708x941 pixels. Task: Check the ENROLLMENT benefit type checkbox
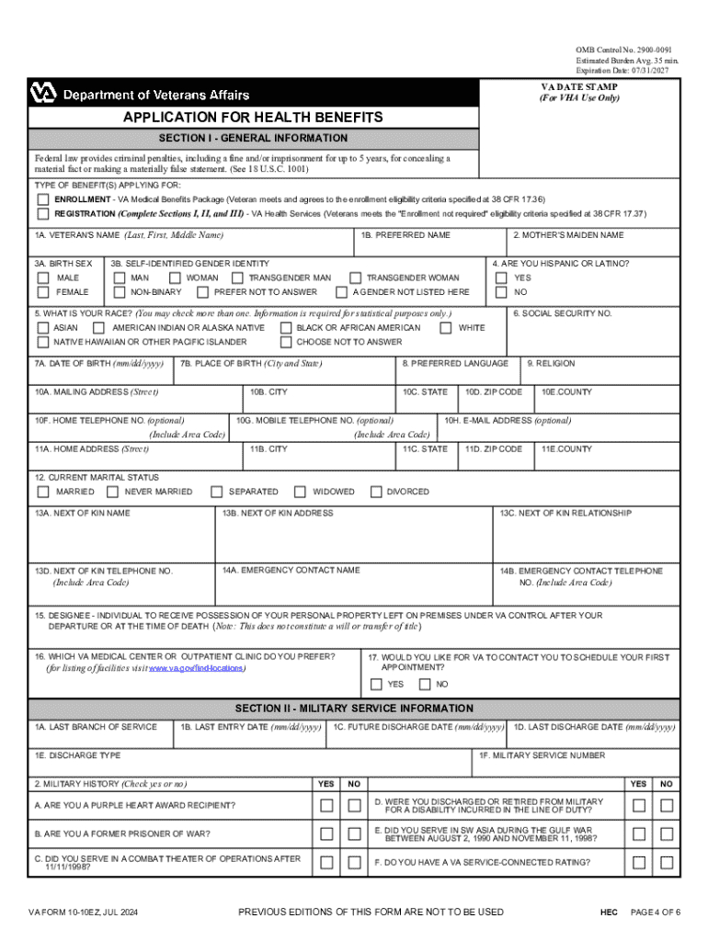point(43,199)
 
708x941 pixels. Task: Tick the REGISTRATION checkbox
point(43,214)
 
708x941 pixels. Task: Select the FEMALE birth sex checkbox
point(43,292)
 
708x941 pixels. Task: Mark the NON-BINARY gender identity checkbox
point(119,292)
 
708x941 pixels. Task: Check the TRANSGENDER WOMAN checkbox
point(354,278)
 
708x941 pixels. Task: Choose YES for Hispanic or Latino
point(501,278)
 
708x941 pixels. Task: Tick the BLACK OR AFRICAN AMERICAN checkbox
point(285,328)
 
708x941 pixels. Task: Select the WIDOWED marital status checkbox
point(300,492)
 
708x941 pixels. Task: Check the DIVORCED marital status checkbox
point(375,492)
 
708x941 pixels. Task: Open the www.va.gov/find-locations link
point(197,669)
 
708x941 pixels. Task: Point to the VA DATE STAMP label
point(578,87)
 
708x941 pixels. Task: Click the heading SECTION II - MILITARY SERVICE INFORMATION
point(354,709)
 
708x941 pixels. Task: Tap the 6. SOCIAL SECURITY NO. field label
point(562,313)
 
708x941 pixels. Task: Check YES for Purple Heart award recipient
point(326,806)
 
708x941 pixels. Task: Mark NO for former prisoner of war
point(354,834)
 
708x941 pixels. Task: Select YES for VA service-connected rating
point(638,863)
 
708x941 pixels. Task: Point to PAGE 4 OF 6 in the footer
point(655,913)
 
